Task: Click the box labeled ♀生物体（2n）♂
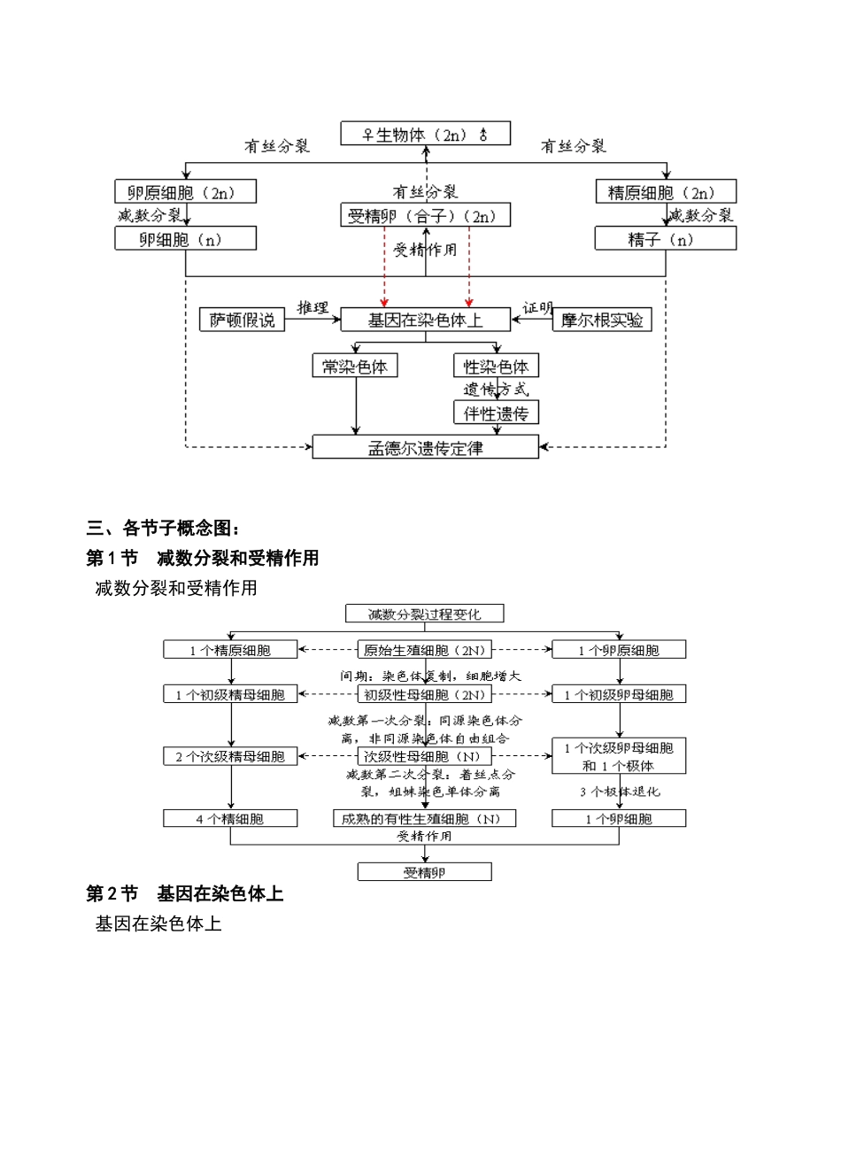tap(425, 135)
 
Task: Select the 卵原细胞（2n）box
tap(185, 192)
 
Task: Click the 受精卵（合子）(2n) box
tap(425, 216)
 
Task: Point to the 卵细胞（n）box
tap(185, 239)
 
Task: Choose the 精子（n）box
tap(665, 239)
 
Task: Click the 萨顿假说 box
tap(242, 320)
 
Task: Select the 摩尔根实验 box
tap(602, 320)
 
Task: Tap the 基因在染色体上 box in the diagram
tap(425, 320)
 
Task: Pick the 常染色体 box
tap(355, 367)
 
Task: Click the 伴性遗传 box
tap(496, 413)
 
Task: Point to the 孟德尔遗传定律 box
tap(425, 448)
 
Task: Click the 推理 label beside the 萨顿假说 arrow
tap(312, 307)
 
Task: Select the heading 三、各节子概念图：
tap(163, 529)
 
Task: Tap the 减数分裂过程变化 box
tap(425, 614)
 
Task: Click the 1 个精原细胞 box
tap(230, 650)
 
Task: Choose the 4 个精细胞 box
tap(230, 819)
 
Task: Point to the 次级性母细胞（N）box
tap(424, 756)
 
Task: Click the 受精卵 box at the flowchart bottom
tap(424, 873)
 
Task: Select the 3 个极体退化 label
tap(620, 792)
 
